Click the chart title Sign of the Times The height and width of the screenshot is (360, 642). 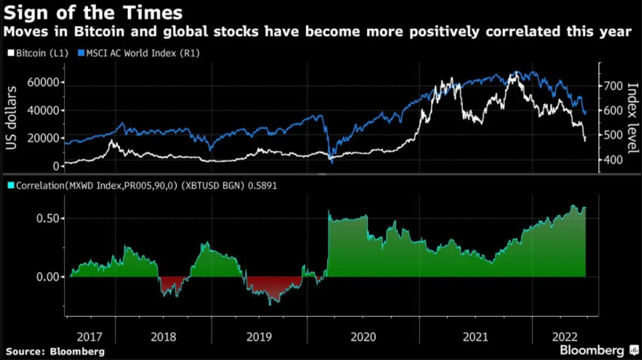click(x=94, y=12)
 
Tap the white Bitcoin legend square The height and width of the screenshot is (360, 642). click(x=11, y=53)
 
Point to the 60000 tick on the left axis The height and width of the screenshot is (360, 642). click(x=44, y=82)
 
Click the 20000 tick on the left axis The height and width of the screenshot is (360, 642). click(x=44, y=138)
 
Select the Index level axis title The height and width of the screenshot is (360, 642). click(x=632, y=118)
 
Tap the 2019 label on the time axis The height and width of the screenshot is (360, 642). click(x=260, y=337)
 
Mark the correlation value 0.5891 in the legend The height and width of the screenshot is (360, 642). click(x=263, y=186)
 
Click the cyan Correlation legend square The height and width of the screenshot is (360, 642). click(x=11, y=186)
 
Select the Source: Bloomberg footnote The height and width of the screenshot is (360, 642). click(x=55, y=351)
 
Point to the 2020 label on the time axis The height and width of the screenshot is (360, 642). click(x=363, y=337)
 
